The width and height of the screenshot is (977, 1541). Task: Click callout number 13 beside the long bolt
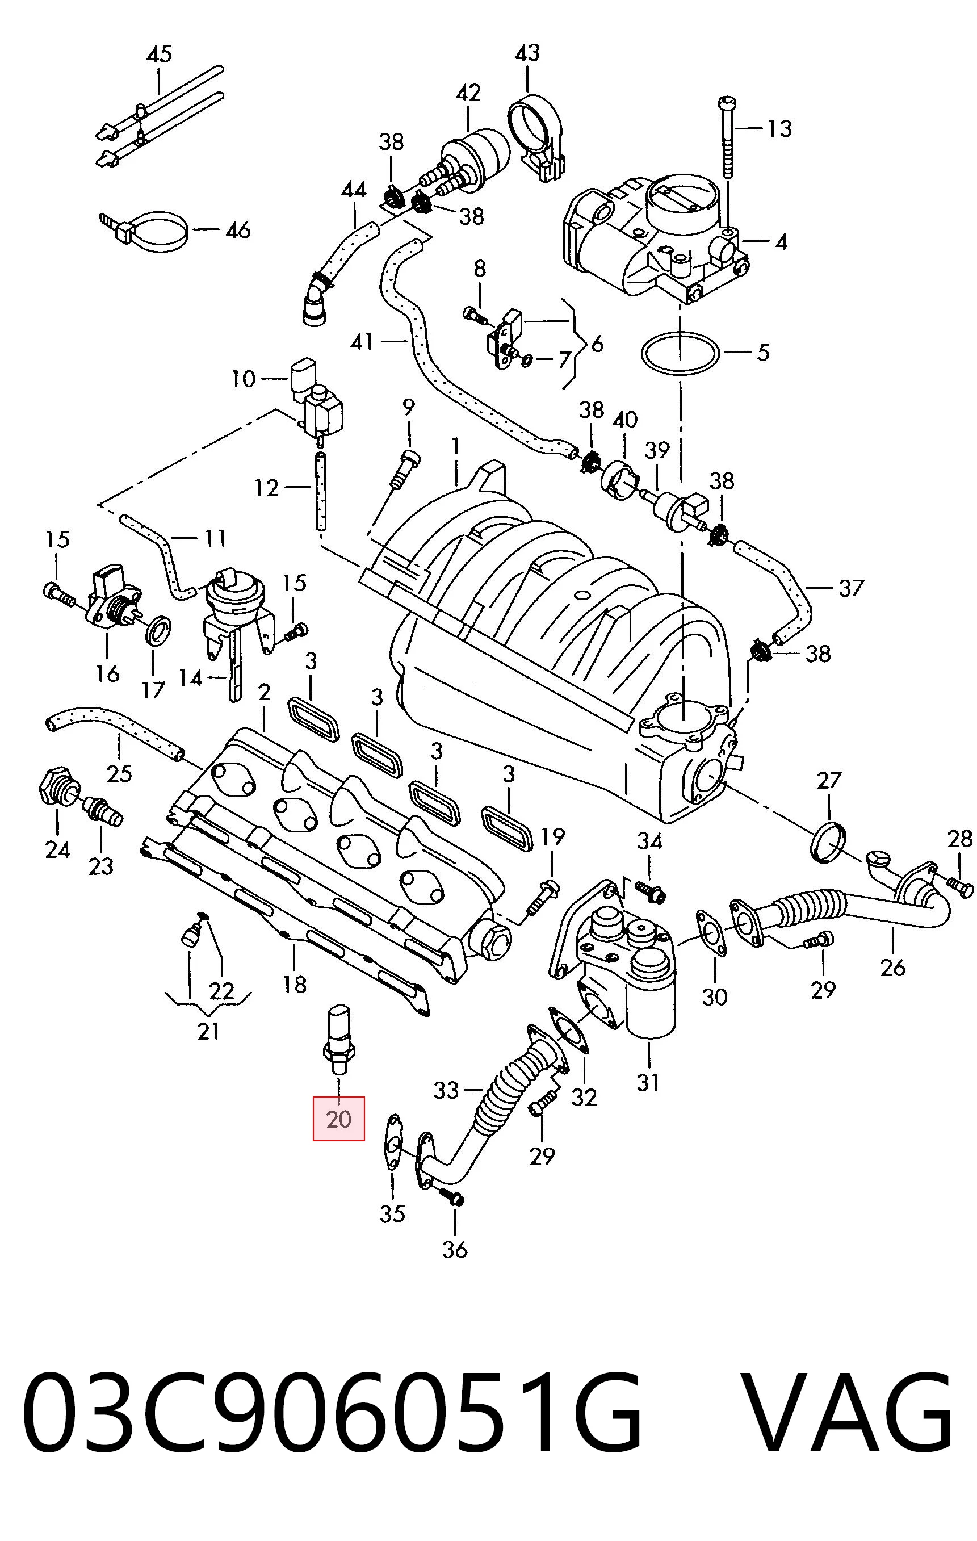[779, 129]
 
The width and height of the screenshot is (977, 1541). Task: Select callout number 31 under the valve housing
[648, 1082]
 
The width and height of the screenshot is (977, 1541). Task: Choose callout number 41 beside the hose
[362, 342]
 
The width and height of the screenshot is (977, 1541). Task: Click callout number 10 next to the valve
[243, 379]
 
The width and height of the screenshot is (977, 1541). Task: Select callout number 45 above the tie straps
[160, 54]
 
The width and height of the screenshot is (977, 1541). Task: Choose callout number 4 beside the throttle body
[781, 242]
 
